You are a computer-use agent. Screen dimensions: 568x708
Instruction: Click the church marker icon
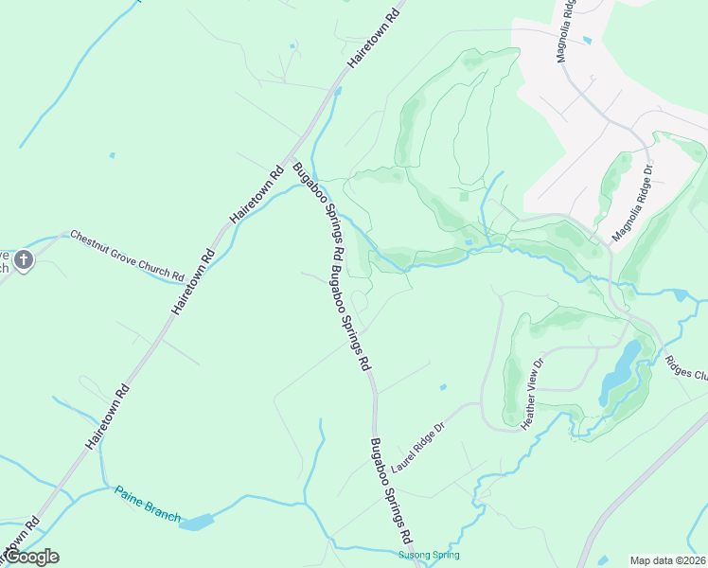(24, 258)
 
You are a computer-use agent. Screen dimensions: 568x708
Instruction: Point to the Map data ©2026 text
(667, 560)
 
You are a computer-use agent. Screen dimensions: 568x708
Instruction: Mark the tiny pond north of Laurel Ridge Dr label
(443, 386)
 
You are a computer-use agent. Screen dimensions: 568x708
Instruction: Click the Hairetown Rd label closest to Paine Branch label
(107, 417)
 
